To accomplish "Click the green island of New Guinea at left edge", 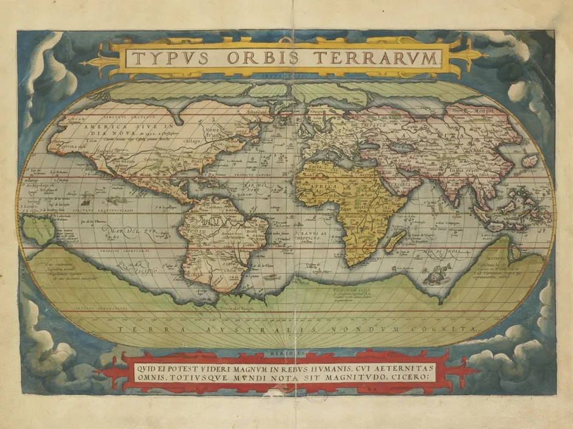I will point(38,230).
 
